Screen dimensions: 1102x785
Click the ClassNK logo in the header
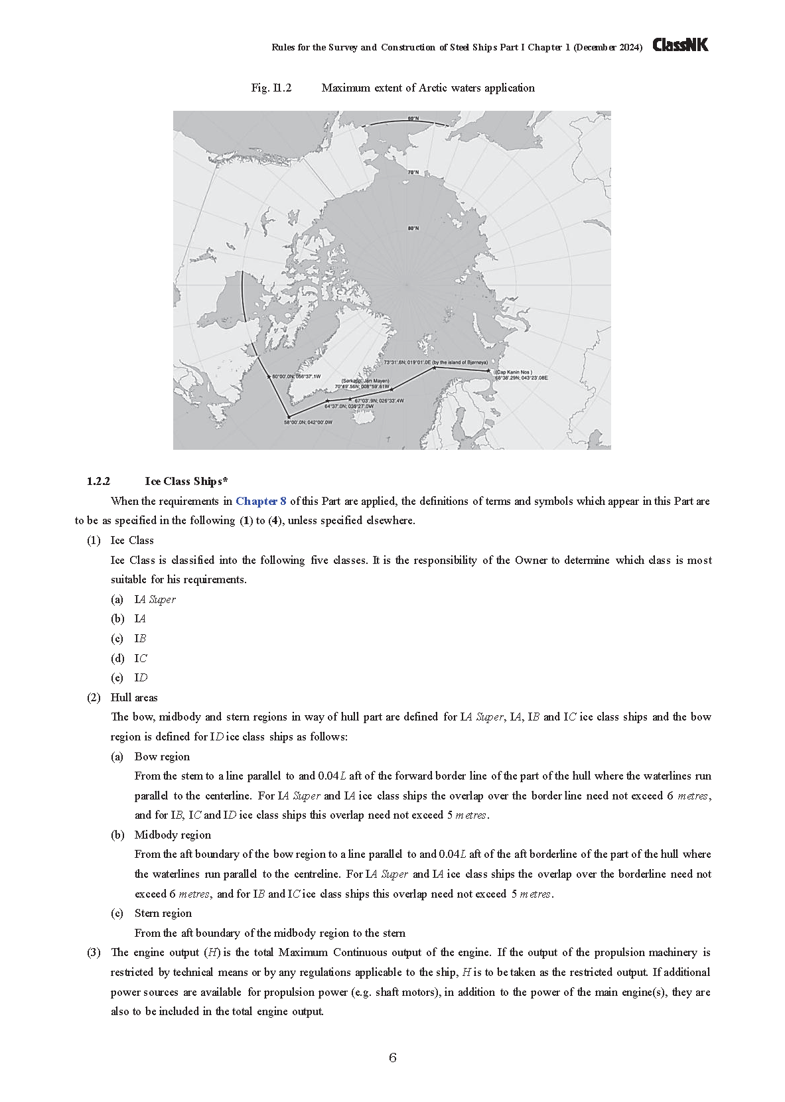click(x=680, y=45)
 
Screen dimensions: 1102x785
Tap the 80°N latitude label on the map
click(x=413, y=228)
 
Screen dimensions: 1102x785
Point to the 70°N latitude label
click(x=413, y=172)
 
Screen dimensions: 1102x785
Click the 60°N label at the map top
click(x=413, y=119)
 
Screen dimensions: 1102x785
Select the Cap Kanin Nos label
click(x=514, y=372)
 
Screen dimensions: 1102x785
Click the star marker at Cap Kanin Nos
click(x=488, y=371)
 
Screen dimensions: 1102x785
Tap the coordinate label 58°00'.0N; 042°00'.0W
click(x=308, y=422)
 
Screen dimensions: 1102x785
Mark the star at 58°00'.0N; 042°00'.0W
click(x=289, y=417)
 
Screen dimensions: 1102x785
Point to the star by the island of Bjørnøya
click(x=434, y=367)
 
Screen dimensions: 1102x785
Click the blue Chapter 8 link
click(x=261, y=501)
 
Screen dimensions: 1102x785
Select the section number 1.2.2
click(x=98, y=481)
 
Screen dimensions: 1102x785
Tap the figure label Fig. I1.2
click(x=271, y=88)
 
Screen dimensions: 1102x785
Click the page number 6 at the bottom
click(x=393, y=1058)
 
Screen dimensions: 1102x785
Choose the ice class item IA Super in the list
click(x=155, y=599)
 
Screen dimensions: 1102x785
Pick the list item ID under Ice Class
click(x=141, y=677)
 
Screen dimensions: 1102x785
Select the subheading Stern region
click(x=163, y=913)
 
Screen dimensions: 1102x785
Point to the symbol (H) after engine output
click(x=212, y=952)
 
